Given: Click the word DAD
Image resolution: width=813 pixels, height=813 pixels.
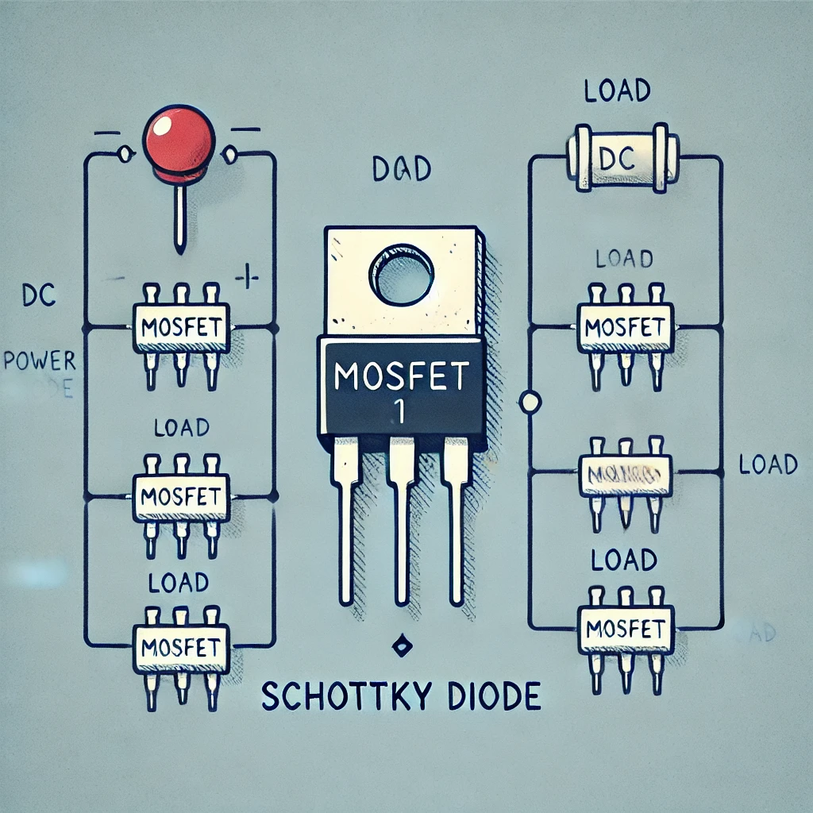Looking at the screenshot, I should coord(401,168).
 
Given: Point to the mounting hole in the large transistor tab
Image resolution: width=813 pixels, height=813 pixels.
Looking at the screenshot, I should coord(402,275).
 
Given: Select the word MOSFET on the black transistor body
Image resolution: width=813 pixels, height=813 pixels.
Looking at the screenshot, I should coord(402,376).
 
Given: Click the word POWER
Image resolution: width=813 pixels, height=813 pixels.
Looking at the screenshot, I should coord(39,361).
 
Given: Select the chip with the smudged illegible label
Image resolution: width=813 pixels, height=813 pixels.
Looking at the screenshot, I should coord(626,475).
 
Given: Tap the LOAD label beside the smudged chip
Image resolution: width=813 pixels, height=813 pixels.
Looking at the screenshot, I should coord(767,464).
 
